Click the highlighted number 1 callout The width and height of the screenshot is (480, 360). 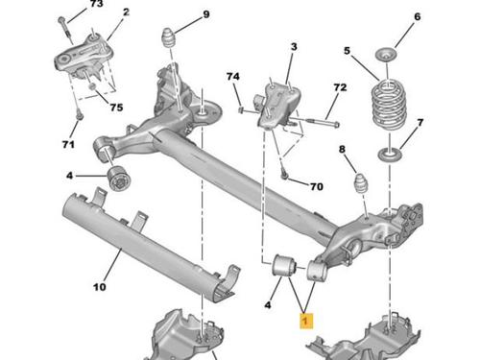[306, 321]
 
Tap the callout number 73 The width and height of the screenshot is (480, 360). [96, 4]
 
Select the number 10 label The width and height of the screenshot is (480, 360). [99, 287]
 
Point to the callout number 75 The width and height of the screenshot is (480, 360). [116, 107]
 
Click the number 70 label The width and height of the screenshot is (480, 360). [317, 186]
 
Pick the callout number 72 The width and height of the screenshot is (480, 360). [340, 87]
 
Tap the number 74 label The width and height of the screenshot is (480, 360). [233, 77]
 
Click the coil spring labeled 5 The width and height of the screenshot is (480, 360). [389, 105]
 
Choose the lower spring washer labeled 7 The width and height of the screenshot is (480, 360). [390, 156]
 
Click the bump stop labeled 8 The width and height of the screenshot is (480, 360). [361, 183]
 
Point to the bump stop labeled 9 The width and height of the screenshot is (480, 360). [170, 38]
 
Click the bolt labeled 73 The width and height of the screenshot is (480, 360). [66, 31]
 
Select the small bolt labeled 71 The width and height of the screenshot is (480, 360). [80, 115]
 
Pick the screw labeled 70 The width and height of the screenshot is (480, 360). [284, 174]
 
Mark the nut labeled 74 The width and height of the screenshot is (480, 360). [242, 110]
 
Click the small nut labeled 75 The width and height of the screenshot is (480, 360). [92, 86]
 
